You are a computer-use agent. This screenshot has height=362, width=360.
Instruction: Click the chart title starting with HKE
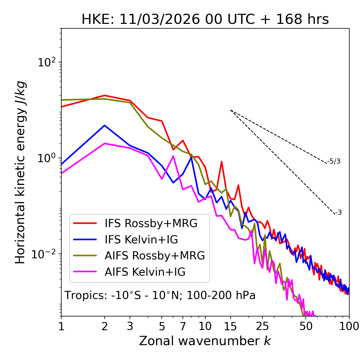click(205, 19)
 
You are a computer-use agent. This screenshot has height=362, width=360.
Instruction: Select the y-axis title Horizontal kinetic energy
click(20, 173)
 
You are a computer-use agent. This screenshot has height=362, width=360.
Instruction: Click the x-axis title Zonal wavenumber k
click(205, 341)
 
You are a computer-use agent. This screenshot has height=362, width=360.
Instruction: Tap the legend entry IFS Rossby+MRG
click(151, 223)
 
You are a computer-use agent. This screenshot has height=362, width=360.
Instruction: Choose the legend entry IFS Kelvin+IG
click(141, 239)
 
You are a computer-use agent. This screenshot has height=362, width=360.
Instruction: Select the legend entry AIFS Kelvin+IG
click(145, 272)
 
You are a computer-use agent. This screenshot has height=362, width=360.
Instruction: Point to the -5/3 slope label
click(334, 161)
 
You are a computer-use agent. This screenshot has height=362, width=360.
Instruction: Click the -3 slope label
click(338, 213)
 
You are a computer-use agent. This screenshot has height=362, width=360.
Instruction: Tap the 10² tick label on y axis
click(46, 62)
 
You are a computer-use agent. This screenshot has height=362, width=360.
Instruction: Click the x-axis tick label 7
click(183, 326)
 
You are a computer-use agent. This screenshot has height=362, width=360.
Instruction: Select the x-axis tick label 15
click(230, 326)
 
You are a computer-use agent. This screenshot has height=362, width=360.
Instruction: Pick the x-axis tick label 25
click(262, 326)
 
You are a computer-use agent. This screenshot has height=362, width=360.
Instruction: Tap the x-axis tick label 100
click(349, 326)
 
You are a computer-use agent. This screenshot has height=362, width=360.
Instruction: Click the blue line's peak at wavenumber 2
click(105, 125)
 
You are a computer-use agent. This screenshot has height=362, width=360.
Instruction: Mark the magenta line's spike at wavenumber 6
click(173, 156)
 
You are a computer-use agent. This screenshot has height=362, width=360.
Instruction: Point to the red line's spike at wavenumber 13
click(222, 162)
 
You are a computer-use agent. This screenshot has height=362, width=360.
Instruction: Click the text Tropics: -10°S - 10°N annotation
click(160, 295)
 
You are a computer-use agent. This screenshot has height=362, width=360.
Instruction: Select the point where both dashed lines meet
click(231, 110)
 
